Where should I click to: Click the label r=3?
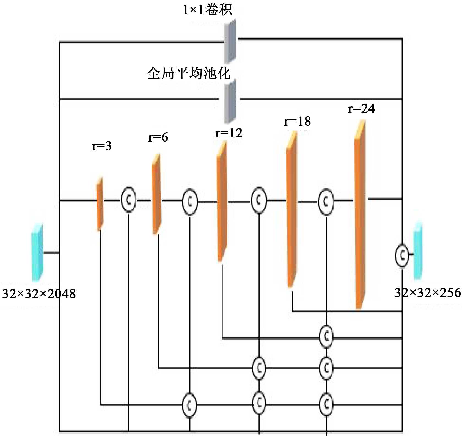tap(101, 146)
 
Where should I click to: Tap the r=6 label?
tap(158, 137)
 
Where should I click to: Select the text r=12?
tap(229, 133)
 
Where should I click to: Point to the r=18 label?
tap(297, 121)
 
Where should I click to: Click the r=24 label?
tap(361, 109)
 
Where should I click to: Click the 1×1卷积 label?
tap(207, 10)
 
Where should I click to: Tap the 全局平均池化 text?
tap(189, 73)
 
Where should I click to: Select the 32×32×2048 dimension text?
tap(39, 294)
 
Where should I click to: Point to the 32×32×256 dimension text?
tap(428, 293)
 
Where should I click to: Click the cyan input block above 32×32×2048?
tap(37, 252)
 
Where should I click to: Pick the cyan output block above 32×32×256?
tap(418, 251)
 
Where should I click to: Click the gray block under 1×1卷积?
tap(230, 41)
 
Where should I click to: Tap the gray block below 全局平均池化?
tap(230, 102)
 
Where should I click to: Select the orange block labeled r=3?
tap(100, 203)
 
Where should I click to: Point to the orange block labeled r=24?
tap(360, 214)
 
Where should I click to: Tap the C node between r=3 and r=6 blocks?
tap(129, 200)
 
